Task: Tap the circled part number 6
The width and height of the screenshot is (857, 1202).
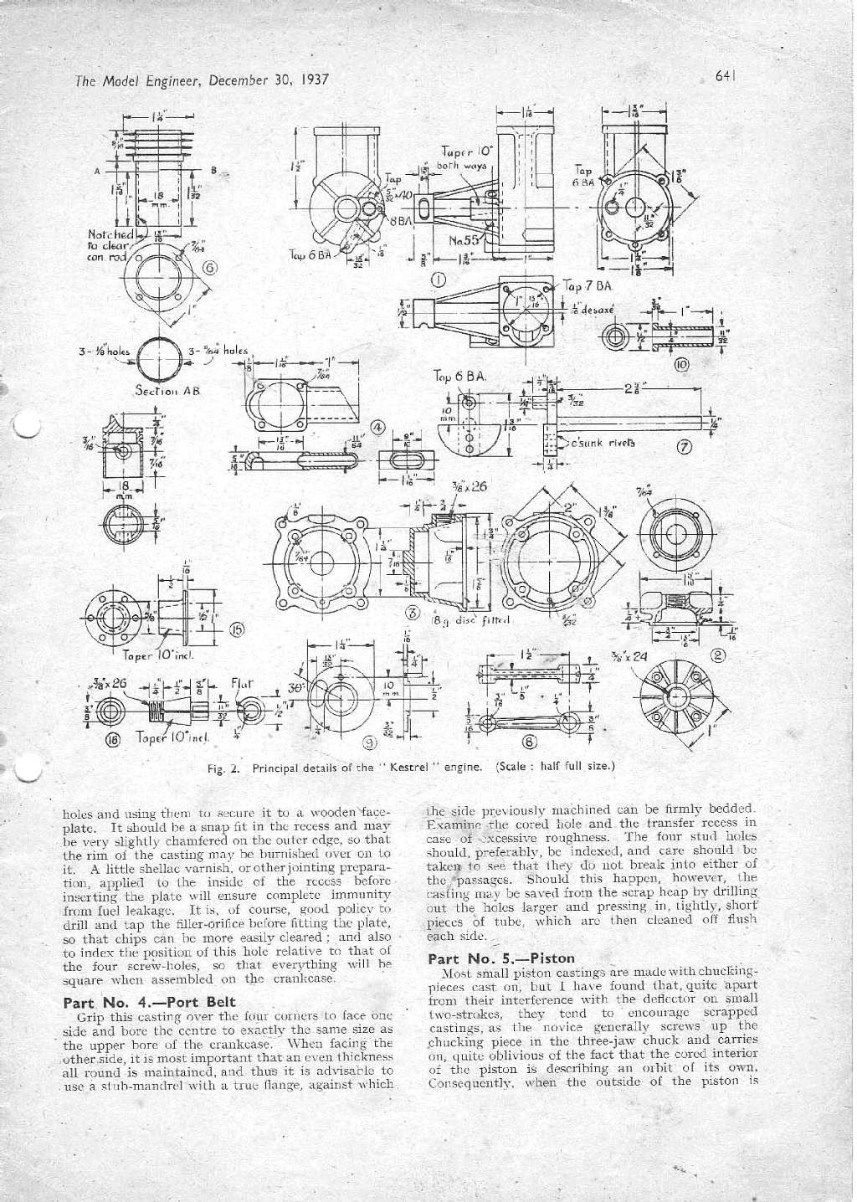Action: [210, 268]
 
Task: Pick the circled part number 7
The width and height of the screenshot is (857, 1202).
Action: [683, 444]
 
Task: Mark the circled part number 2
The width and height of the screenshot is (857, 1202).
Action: [716, 655]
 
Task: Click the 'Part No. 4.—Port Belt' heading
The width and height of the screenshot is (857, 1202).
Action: [150, 1001]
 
